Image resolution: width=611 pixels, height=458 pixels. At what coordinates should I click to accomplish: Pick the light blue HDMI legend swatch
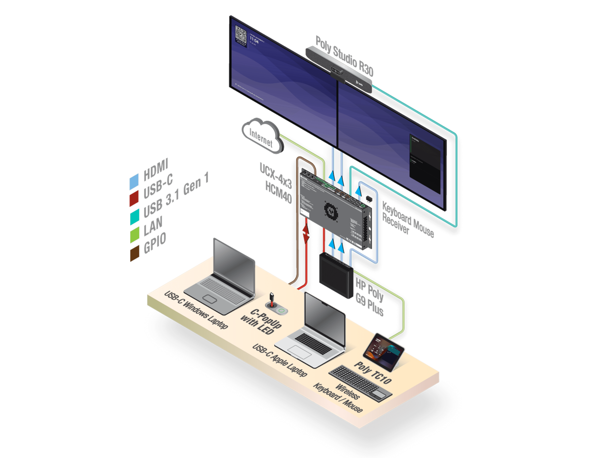click(x=134, y=182)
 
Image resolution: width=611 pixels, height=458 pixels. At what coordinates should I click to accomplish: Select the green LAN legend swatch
click(x=134, y=235)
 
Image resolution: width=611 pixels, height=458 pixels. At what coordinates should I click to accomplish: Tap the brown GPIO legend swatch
click(x=134, y=253)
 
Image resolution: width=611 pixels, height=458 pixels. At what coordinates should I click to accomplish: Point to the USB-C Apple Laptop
click(x=315, y=334)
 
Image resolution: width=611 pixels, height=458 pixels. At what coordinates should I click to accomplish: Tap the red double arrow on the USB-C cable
click(x=305, y=233)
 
